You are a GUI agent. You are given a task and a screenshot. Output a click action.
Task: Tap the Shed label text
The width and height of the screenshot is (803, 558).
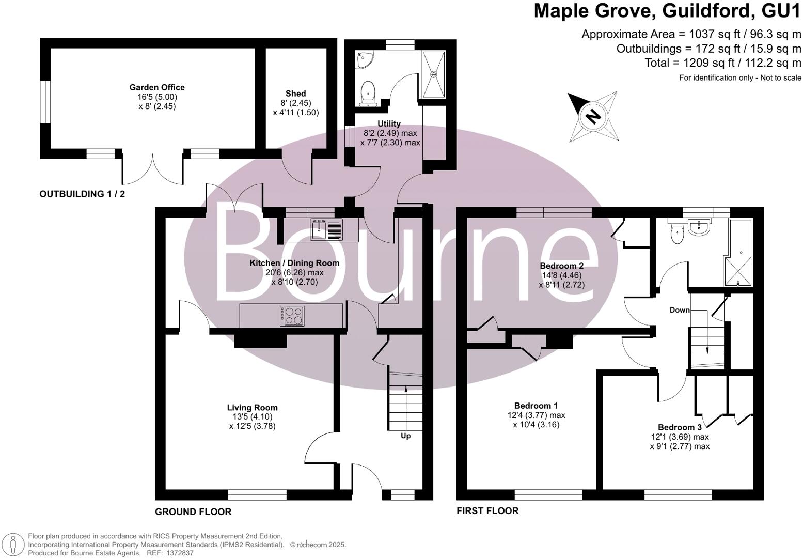click(295, 94)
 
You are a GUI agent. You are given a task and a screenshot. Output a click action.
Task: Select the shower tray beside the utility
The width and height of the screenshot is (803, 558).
click(434, 74)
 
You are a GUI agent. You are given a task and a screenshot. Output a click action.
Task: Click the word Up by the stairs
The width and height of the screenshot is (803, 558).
click(405, 436)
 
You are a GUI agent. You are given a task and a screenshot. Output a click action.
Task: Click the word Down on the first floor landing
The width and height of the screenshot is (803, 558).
click(680, 310)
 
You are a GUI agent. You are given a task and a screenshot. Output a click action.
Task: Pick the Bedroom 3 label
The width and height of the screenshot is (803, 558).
click(680, 427)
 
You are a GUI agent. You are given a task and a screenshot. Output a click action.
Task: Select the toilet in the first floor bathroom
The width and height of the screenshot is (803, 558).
click(677, 234)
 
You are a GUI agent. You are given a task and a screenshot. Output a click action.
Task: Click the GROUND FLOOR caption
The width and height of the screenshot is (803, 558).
click(193, 512)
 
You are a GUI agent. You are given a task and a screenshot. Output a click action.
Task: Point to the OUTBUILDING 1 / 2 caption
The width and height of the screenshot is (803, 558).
click(82, 194)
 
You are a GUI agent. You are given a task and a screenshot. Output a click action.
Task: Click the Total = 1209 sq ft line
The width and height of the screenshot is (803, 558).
click(722, 63)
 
